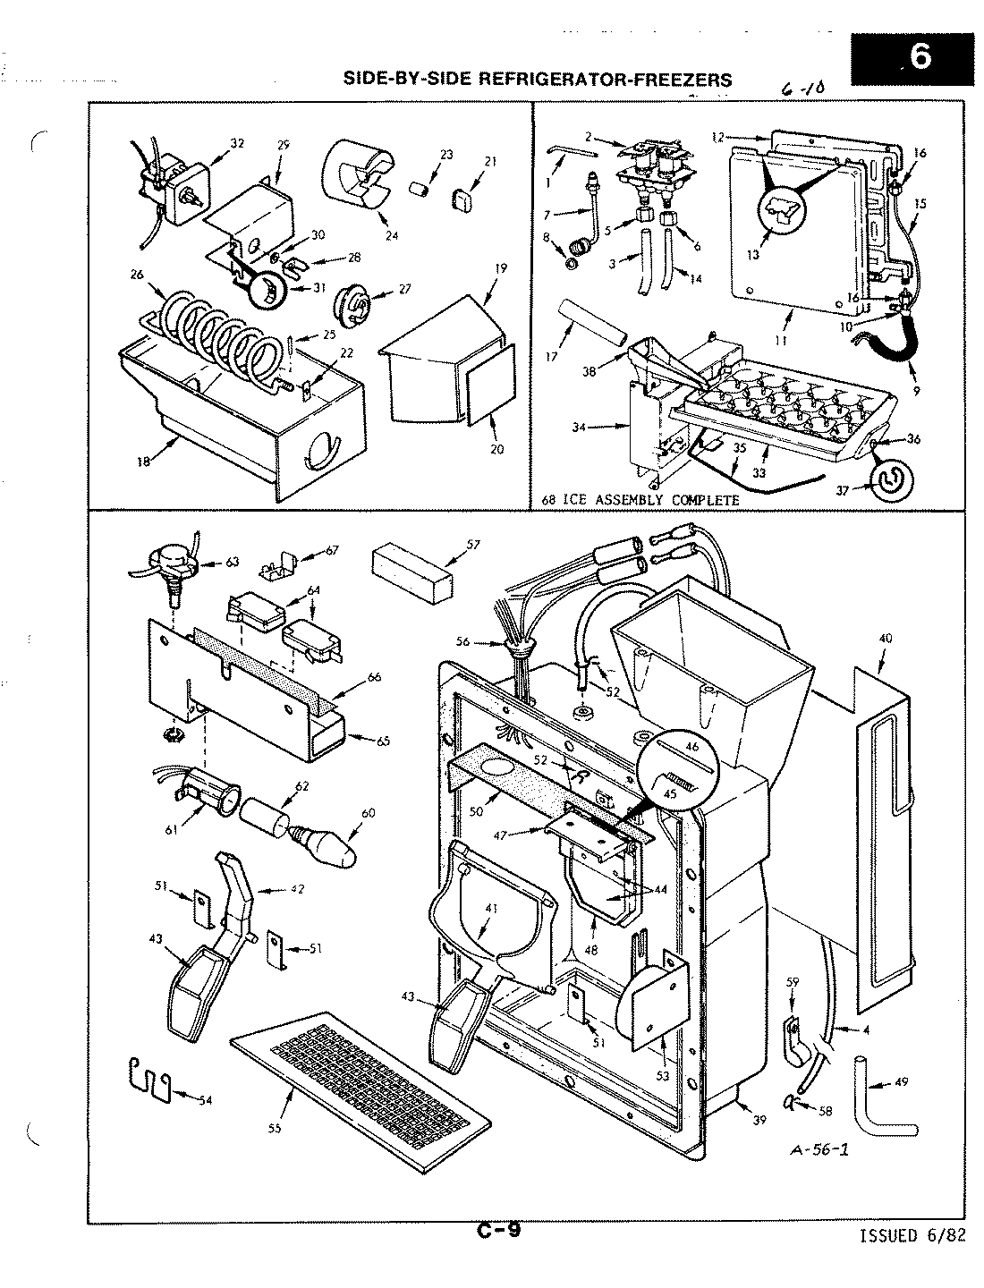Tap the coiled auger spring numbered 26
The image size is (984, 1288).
[219, 339]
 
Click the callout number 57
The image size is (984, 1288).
[473, 543]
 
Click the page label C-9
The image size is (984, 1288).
[498, 1231]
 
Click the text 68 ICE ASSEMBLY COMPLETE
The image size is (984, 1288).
[640, 500]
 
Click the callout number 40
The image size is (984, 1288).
[885, 639]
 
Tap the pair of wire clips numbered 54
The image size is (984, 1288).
[147, 1078]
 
